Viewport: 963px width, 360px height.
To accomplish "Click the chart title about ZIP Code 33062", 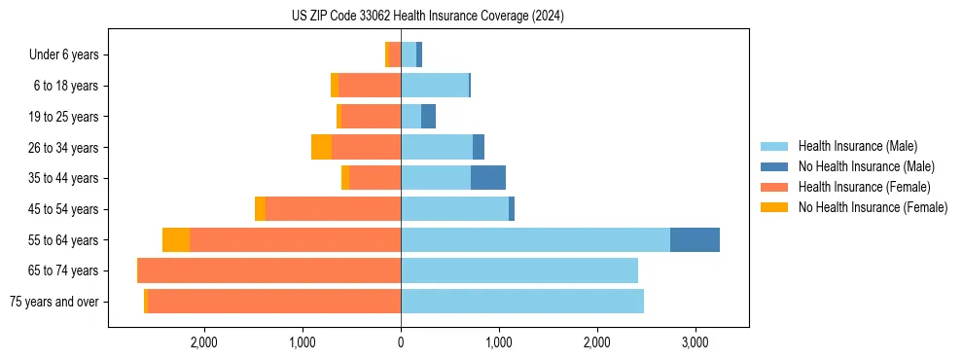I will coord(427,17).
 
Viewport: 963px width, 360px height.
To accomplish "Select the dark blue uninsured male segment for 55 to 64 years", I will coord(695,239).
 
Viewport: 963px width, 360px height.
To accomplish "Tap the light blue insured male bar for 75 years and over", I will coord(522,302).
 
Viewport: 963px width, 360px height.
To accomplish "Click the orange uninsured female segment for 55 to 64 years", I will coord(176,239).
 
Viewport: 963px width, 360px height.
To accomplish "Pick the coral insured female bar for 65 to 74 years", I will coord(269,270).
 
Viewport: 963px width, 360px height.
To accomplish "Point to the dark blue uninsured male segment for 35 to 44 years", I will coord(488,178).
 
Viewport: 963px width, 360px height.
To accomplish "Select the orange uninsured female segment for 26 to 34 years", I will coord(321,147).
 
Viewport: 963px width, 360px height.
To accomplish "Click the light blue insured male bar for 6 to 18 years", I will coord(435,86).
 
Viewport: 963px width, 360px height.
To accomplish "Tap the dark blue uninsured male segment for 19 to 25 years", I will coord(428,117).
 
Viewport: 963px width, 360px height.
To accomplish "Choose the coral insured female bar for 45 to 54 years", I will coord(334,209).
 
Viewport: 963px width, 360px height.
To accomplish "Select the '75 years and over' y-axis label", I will coord(53,302).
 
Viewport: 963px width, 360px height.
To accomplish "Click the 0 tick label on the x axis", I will coord(401,342).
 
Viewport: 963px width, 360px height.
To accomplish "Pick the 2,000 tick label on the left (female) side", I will coord(204,342).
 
